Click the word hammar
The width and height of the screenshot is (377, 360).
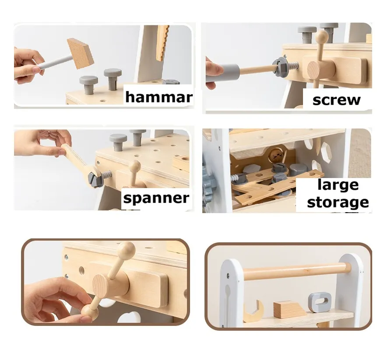(159, 97)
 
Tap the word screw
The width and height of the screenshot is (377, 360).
(336, 100)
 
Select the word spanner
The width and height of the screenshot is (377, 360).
(156, 199)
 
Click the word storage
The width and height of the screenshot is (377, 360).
(338, 203)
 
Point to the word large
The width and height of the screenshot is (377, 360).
(338, 185)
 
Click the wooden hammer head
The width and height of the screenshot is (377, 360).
(80, 53)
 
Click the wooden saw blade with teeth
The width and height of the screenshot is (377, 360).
(162, 43)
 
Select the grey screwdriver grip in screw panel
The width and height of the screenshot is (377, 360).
(222, 73)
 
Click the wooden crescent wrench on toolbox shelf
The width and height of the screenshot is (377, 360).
(254, 311)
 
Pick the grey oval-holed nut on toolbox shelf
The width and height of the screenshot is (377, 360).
(320, 302)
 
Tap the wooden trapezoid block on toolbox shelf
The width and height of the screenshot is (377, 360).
(289, 310)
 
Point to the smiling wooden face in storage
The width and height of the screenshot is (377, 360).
(275, 155)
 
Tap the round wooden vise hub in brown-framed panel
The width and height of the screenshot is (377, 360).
(101, 286)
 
